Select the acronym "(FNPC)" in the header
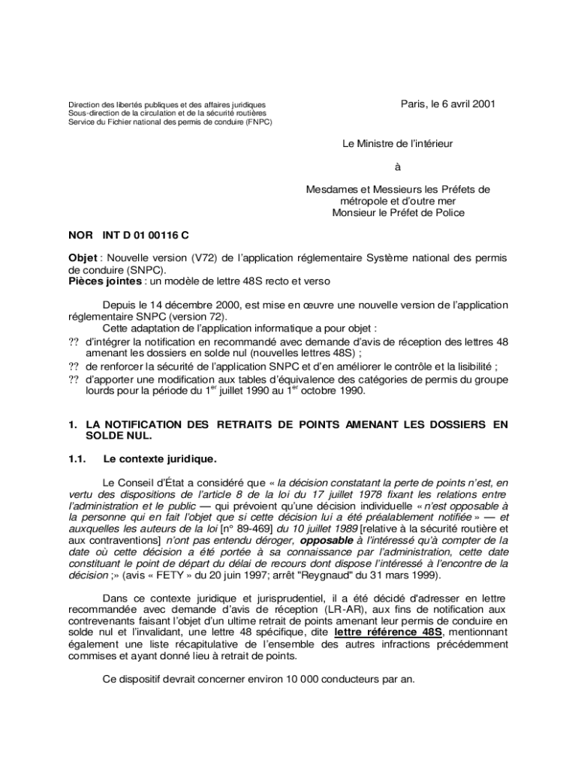click(x=254, y=121)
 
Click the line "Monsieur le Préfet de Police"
click(x=398, y=212)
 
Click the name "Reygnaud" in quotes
click(x=327, y=575)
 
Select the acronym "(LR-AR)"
click(x=348, y=609)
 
